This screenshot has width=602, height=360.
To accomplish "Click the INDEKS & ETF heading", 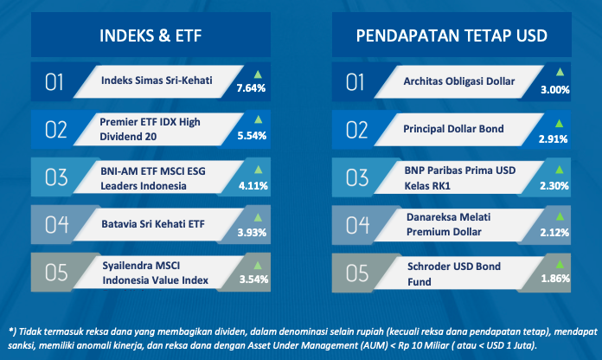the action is click(x=150, y=35).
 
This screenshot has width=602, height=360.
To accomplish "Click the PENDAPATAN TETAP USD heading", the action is click(x=451, y=35).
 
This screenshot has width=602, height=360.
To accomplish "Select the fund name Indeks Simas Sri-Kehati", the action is click(x=157, y=80).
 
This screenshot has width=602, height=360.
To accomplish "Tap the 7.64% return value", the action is click(x=251, y=88).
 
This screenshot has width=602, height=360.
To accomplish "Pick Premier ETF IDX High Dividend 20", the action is click(x=150, y=129).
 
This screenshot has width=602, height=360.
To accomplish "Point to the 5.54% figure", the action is click(x=252, y=136).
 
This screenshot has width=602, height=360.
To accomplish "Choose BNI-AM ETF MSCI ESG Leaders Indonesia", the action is click(x=153, y=178).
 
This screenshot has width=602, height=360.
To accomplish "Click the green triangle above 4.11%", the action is click(x=259, y=170).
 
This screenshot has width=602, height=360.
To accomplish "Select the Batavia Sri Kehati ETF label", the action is click(x=153, y=224).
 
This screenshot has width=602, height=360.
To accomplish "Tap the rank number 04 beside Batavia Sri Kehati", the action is click(x=57, y=224).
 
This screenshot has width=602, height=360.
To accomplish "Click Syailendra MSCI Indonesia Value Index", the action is click(x=155, y=273).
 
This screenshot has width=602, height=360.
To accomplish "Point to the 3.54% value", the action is click(x=253, y=280).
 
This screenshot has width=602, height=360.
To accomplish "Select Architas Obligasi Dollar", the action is click(x=458, y=81).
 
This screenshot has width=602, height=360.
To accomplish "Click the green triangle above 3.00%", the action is click(x=560, y=72).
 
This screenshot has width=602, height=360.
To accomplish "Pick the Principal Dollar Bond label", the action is click(x=453, y=129).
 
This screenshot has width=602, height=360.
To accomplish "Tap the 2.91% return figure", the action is click(x=553, y=139).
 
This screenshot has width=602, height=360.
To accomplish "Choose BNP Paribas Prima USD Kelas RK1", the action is click(x=460, y=178).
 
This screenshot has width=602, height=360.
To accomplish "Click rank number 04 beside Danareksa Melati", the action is click(x=357, y=225).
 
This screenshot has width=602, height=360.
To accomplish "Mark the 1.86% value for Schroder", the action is click(x=555, y=279).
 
